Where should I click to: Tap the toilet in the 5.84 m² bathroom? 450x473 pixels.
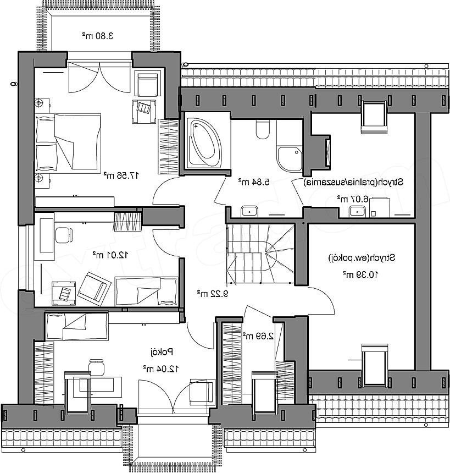[x=263, y=129]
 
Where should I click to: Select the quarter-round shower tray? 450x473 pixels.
[x=290, y=159]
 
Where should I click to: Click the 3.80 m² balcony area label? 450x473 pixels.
[x=98, y=36]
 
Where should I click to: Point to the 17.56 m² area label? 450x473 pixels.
[x=121, y=175]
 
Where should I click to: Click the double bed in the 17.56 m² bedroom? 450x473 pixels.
[x=68, y=142]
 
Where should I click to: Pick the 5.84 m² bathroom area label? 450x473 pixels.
[x=253, y=182]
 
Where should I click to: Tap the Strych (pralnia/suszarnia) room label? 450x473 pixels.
[x=353, y=182]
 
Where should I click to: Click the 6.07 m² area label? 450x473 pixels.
[x=353, y=199]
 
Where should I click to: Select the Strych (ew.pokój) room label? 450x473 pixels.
[x=362, y=258]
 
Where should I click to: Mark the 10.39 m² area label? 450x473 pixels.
[x=360, y=274]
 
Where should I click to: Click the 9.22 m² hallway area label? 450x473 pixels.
[x=213, y=293]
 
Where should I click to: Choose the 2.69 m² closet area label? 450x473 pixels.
[x=258, y=335]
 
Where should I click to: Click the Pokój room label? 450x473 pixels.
[x=162, y=352]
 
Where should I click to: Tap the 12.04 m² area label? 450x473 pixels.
[x=161, y=369]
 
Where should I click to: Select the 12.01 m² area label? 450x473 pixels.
[x=110, y=255]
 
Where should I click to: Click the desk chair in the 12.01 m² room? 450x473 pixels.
[x=64, y=235]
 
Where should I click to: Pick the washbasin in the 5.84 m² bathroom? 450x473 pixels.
[x=249, y=211]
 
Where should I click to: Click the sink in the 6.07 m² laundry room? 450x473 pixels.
[x=357, y=211]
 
